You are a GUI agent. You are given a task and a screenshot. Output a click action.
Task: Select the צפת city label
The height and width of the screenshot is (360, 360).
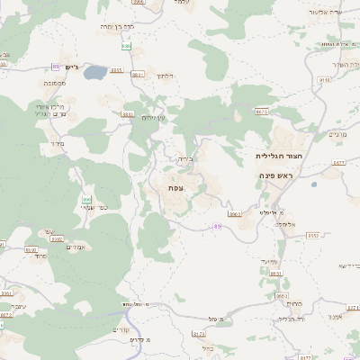pyautogui.click(x=176, y=187)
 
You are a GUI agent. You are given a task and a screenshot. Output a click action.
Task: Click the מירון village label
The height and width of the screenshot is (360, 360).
pyautogui.click(x=58, y=142)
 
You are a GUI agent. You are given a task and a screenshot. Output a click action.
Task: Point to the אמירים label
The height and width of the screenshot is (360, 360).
pyautogui.click(x=76, y=247)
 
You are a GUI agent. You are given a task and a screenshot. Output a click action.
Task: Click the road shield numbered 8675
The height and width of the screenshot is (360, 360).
pyautogui.click(x=262, y=112)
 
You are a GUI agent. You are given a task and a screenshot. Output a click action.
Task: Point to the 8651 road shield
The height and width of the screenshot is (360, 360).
pyautogui.click(x=275, y=273)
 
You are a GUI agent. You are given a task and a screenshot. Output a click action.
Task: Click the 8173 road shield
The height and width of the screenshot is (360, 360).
pyautogui.click(x=200, y=334)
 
